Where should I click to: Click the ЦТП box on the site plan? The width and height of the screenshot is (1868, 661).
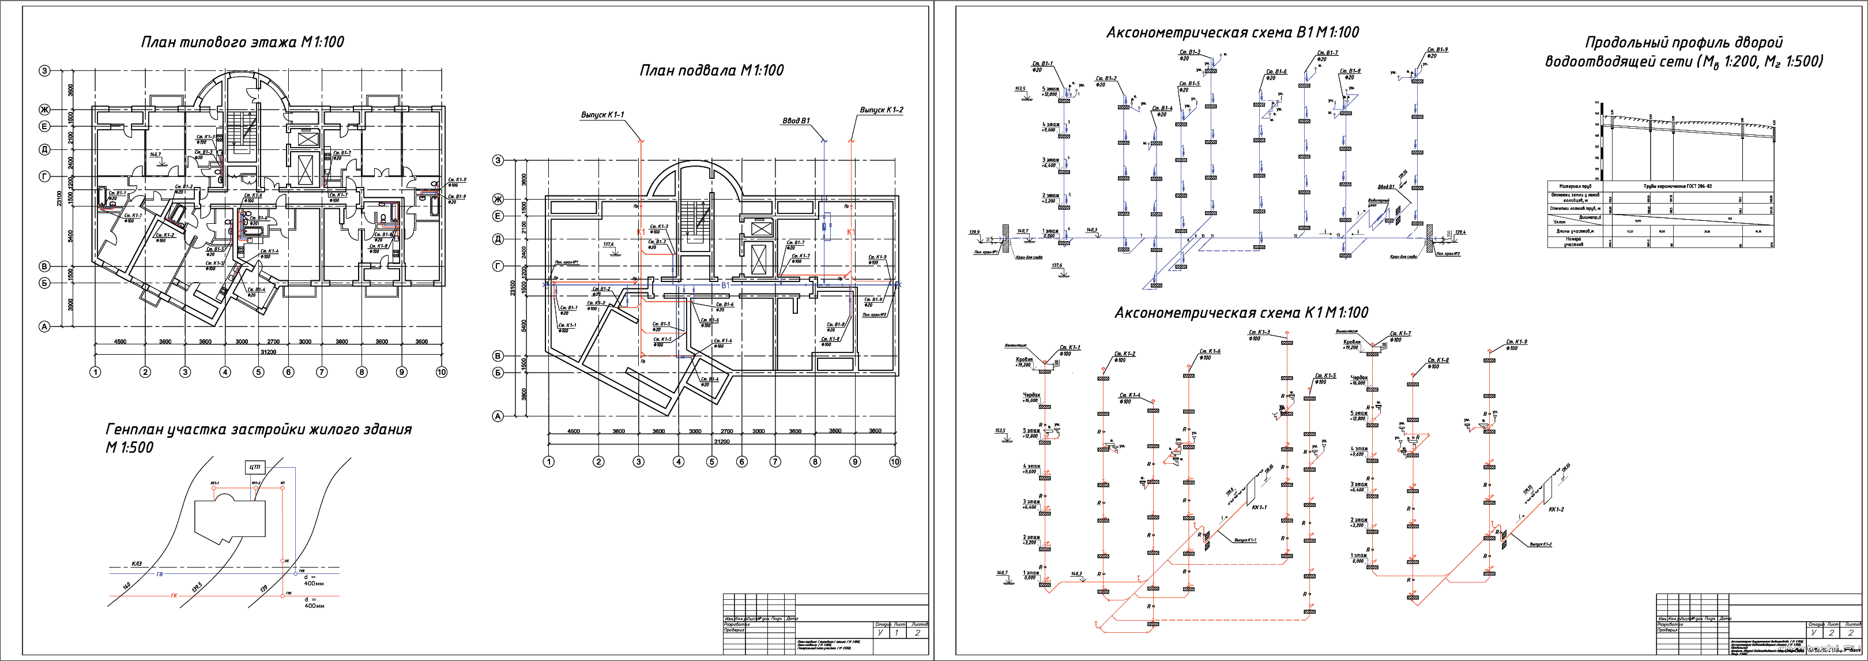coord(254,467)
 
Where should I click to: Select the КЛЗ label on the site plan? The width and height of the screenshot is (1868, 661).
coord(138,564)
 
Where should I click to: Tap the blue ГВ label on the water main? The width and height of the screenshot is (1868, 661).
coord(160,574)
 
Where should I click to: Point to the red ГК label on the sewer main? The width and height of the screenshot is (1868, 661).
coord(174,596)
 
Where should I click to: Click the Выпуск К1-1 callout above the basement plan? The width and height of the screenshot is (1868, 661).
coord(602,115)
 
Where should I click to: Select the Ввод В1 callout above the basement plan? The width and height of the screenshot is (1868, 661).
coord(796,121)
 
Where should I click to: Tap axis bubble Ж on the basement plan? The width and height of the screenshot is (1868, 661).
coord(498,200)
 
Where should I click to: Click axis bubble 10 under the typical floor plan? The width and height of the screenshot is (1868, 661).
coord(441,372)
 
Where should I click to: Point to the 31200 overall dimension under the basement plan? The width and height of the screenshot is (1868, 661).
coord(721,441)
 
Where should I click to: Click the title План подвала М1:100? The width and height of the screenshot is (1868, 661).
coord(711,70)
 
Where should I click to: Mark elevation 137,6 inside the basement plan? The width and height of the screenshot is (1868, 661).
coord(608,245)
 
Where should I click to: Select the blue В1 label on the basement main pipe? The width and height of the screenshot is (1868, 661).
coord(725,286)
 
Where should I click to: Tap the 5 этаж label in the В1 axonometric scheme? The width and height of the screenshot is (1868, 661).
coord(1050,89)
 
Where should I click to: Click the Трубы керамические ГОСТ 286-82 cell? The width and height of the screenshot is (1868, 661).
coord(1687,186)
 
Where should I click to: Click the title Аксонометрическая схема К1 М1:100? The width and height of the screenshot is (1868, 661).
coord(1241,313)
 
